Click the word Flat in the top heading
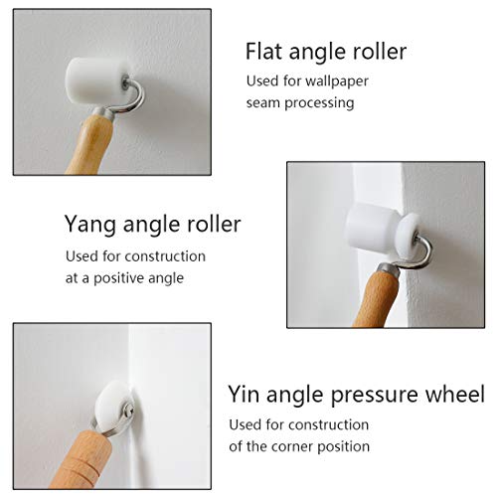pos(264,52)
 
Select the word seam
pos(263,103)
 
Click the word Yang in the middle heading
pos(90,225)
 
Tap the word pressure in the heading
pos(375,396)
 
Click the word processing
pos(319,103)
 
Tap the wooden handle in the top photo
pos(90,143)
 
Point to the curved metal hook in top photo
pos(132,97)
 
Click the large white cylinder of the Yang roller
pos(371,227)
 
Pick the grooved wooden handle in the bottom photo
pos(82,459)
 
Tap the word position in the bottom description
pos(343,446)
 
